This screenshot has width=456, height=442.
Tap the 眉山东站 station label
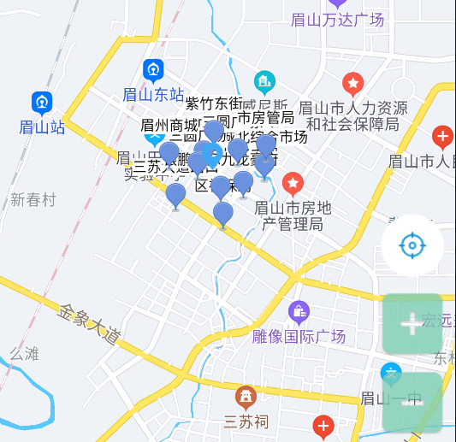click(x=154, y=94)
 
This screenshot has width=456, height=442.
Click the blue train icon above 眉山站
click(x=42, y=103)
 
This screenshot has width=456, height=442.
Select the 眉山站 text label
click(x=42, y=127)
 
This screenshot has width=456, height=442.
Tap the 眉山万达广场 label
click(x=338, y=20)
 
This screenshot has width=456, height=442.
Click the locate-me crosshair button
click(x=412, y=246)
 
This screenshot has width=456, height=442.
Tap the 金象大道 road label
click(x=89, y=324)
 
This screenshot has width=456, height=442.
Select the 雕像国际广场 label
click(x=299, y=336)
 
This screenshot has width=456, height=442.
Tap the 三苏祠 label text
click(x=246, y=421)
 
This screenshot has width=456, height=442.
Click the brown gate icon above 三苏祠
click(x=246, y=397)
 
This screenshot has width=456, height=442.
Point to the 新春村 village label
click(x=33, y=199)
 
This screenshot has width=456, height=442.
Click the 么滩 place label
click(x=25, y=353)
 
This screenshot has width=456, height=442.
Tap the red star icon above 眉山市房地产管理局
click(x=293, y=183)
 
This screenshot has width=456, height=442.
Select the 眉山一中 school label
click(x=392, y=398)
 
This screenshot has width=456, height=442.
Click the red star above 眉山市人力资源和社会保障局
click(x=352, y=84)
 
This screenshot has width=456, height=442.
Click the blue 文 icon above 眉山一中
click(x=391, y=374)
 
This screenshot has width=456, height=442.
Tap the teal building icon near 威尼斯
click(x=265, y=82)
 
